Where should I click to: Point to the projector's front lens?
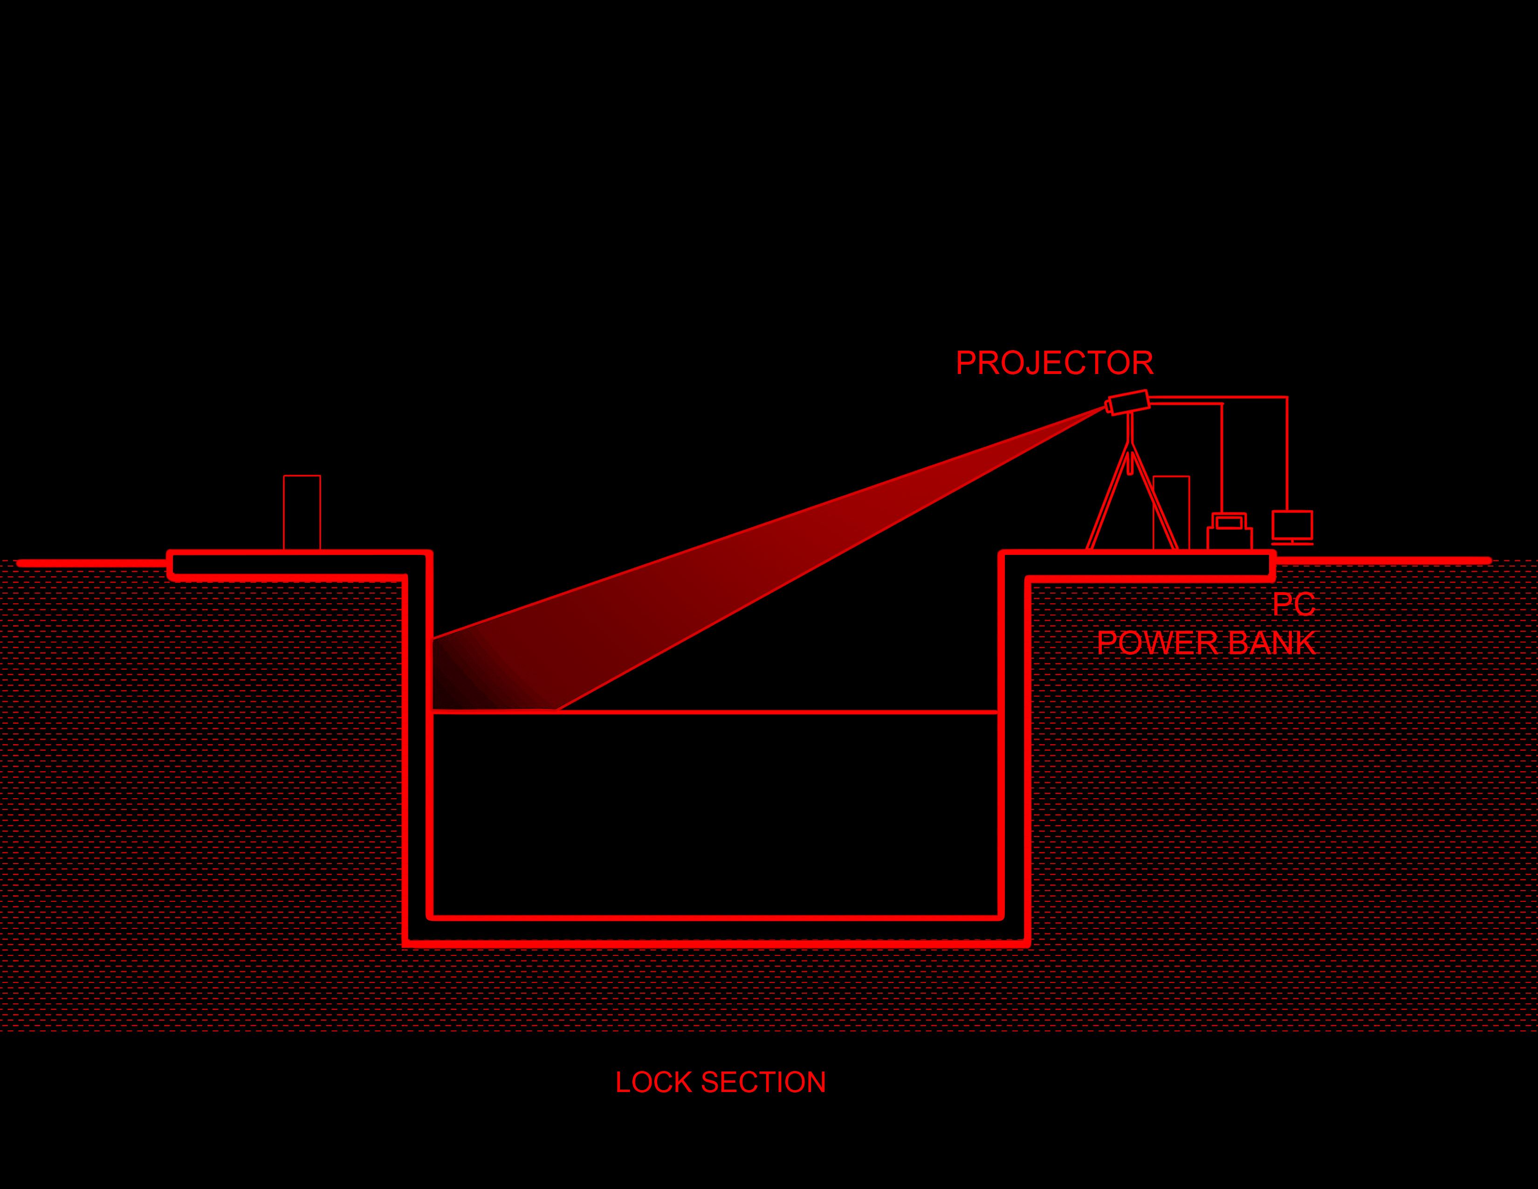point(1108,407)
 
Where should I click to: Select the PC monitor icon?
point(1292,525)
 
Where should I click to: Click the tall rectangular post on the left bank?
point(302,512)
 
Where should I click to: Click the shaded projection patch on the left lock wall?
point(465,680)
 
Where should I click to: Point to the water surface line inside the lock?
point(775,712)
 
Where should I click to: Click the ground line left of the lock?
point(91,563)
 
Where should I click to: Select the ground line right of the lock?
point(1380,560)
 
